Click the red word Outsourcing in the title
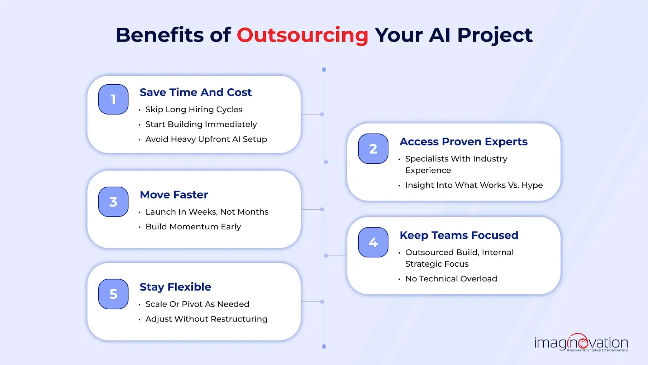[302, 35]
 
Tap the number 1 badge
[113, 99]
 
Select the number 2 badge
[373, 149]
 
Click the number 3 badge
[113, 202]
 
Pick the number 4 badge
[373, 242]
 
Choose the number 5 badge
[113, 294]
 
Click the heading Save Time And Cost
[195, 92]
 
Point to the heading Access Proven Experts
[463, 142]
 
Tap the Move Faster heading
[174, 195]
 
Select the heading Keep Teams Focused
[459, 235]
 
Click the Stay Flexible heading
[175, 287]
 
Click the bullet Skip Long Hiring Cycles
[194, 109]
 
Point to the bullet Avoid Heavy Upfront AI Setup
[206, 139]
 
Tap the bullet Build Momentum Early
[193, 227]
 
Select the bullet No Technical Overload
[451, 279]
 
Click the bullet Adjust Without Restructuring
[206, 319]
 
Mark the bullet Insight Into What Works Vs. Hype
[474, 185]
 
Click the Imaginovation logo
[581, 343]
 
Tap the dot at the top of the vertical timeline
[324, 70]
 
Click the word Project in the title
[495, 35]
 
